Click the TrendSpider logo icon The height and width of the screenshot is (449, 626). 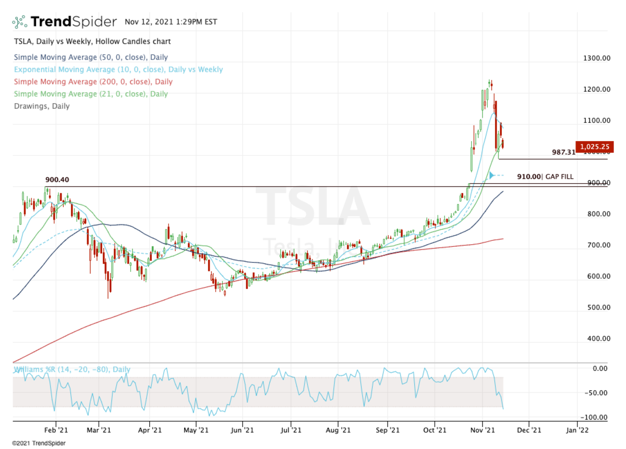19,22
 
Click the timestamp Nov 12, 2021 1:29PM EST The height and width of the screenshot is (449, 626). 171,22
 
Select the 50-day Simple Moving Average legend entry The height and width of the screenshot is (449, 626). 91,57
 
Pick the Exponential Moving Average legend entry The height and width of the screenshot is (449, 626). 118,69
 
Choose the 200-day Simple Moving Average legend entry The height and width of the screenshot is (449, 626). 93,82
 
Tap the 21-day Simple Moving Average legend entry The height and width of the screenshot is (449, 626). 91,94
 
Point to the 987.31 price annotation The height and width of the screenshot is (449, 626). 563,152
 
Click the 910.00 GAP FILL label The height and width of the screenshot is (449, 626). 545,177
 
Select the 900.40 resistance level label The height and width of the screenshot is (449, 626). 57,180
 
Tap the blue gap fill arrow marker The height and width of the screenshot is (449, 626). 491,176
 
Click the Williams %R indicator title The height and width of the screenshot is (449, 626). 72,370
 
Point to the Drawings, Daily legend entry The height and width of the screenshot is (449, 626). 42,106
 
